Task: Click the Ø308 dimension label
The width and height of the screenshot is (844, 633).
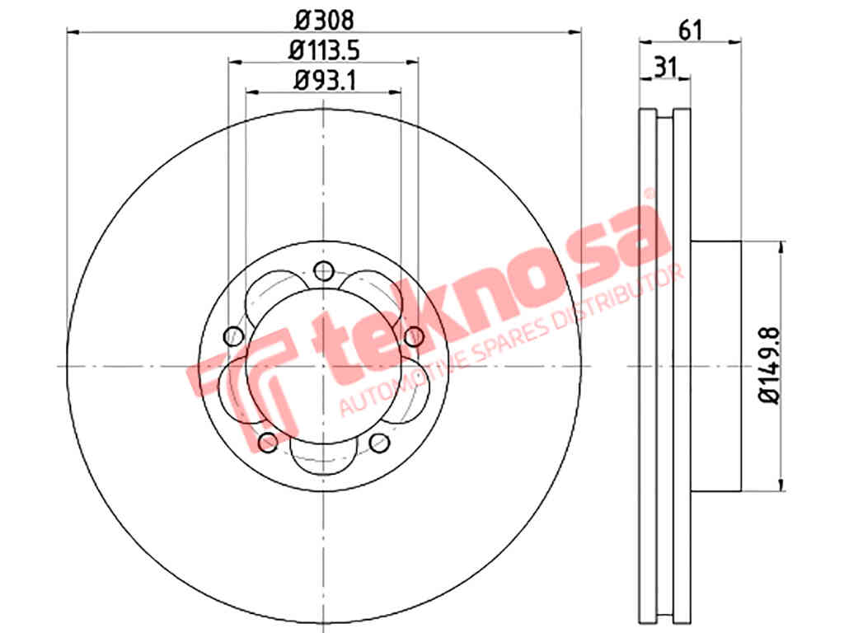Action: coord(325,21)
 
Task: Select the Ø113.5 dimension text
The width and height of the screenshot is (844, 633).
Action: coord(324,50)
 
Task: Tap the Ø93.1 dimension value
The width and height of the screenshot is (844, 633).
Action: coord(325,81)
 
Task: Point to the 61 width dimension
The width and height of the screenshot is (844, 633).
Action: coord(691,30)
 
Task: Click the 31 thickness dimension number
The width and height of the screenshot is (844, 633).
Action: coord(665,68)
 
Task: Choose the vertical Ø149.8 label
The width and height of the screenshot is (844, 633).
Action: coord(769,365)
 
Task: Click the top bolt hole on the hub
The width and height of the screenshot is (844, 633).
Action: coord(323,270)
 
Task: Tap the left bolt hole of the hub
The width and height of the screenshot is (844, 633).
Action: coord(233,336)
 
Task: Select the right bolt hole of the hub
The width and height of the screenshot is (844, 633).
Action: coord(414,336)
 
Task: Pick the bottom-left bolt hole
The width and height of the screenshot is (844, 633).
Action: coord(268,443)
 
